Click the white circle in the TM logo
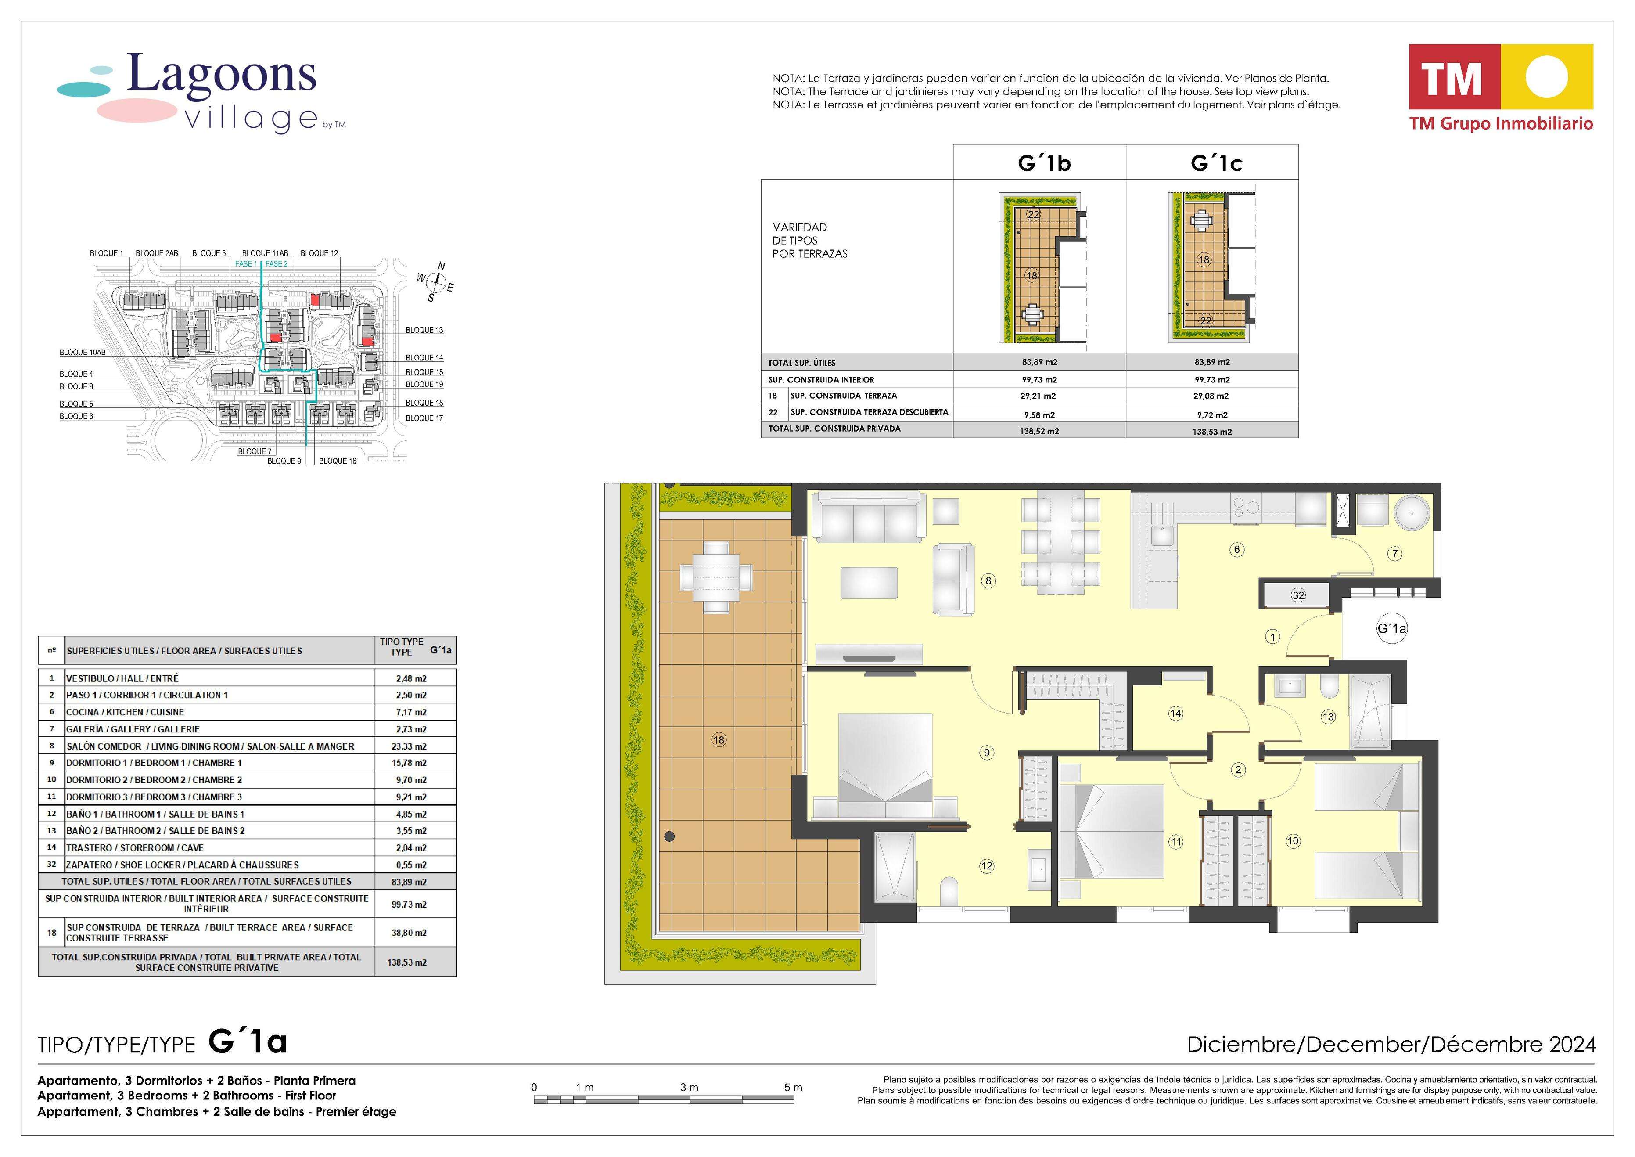coord(1546,76)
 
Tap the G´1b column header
coord(1044,163)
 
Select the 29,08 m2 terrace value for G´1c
coord(1212,396)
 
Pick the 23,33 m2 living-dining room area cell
coord(412,746)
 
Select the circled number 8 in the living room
coord(988,580)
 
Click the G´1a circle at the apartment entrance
coord(1391,628)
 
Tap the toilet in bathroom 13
coord(1329,687)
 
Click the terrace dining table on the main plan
coord(715,577)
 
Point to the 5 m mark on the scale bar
coord(793,1087)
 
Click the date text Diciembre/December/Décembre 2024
coord(1391,1045)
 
